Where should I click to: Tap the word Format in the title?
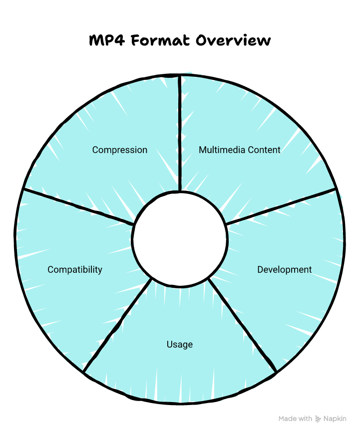click(x=160, y=40)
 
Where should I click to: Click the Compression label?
click(x=120, y=150)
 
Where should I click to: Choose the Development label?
click(x=285, y=270)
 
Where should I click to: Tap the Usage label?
click(x=180, y=345)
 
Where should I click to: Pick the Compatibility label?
click(x=75, y=270)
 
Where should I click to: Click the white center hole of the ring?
click(x=180, y=239)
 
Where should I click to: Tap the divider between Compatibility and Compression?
click(x=77, y=207)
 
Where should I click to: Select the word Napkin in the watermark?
click(x=335, y=419)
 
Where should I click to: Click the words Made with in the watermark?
click(x=296, y=419)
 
